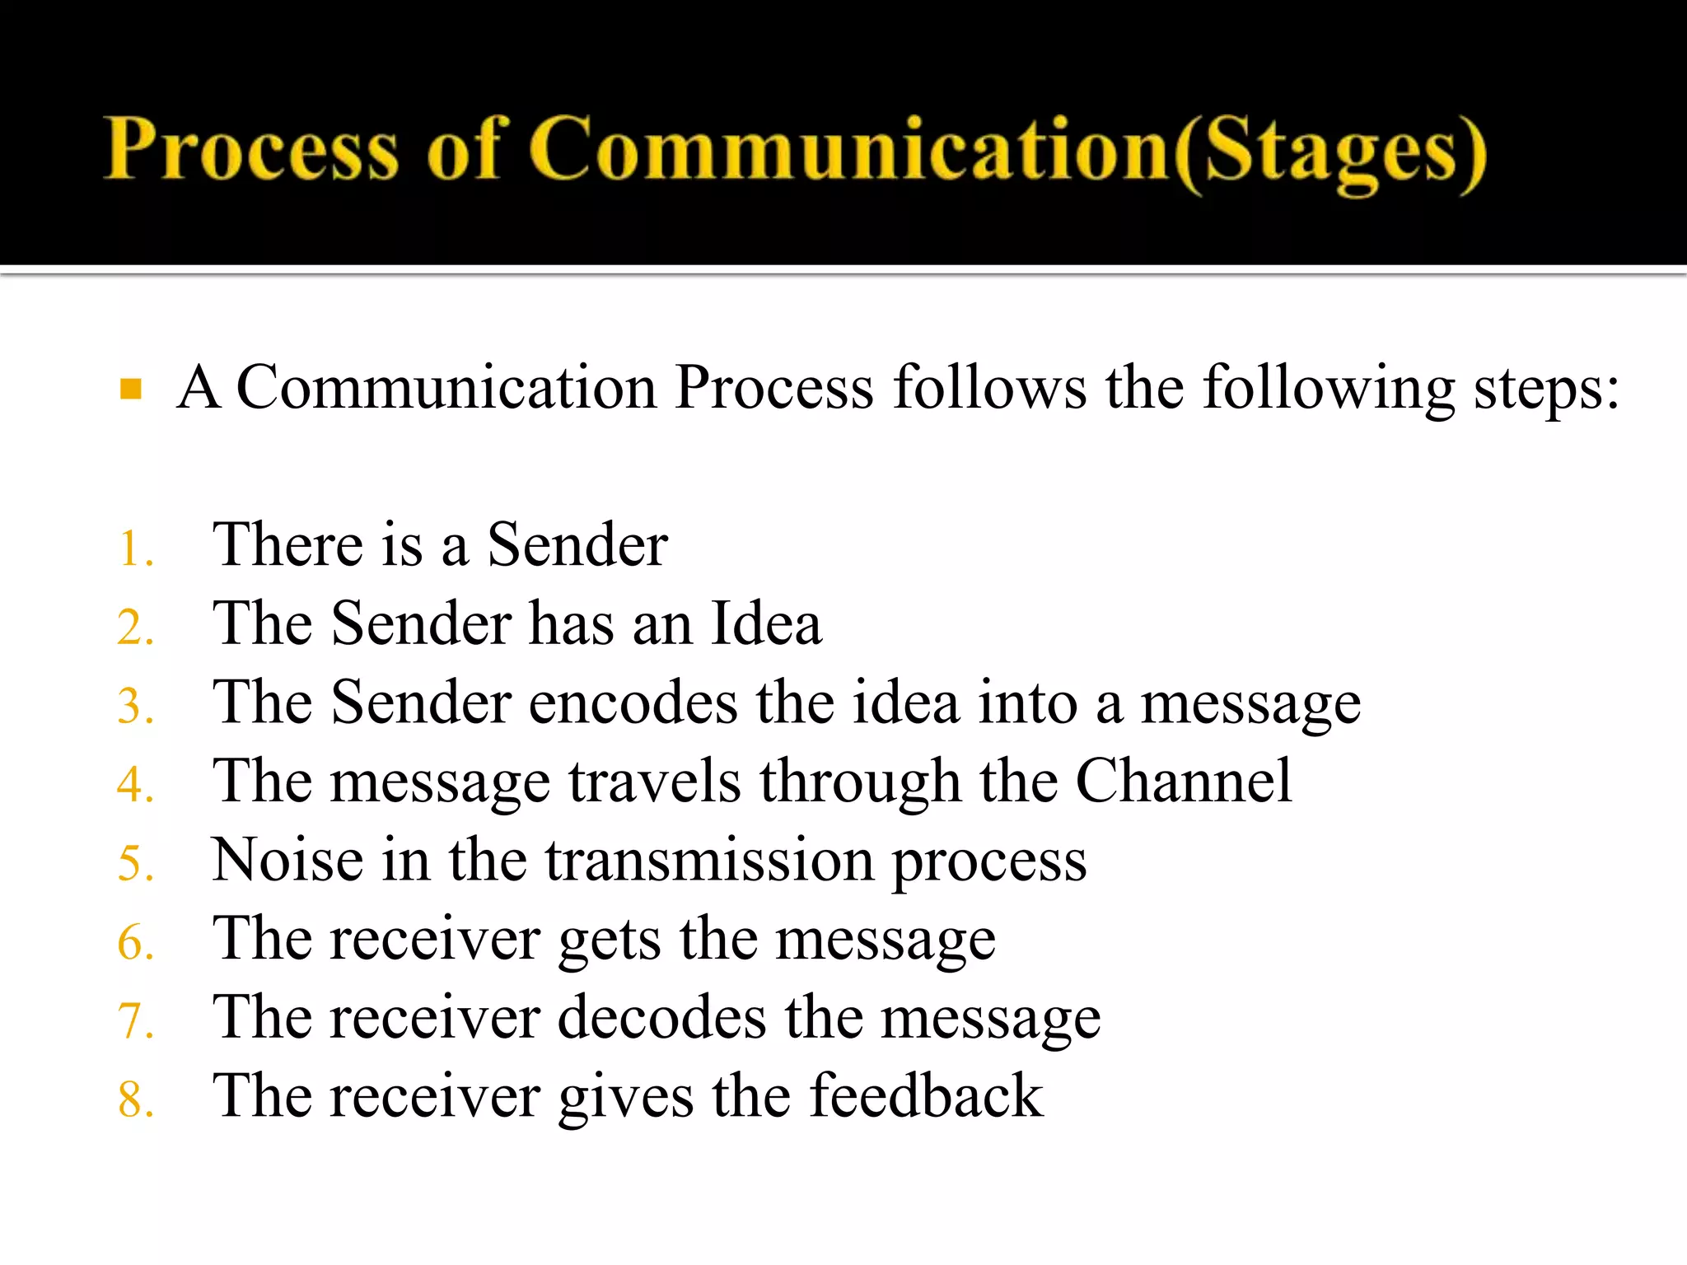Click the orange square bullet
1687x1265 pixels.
131,388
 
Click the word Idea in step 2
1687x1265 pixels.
765,623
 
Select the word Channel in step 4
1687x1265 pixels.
1184,781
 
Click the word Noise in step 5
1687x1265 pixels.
287,860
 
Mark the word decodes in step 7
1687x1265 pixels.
662,1018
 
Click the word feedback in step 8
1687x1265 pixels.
926,1096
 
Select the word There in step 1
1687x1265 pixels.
288,545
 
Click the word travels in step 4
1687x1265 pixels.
655,781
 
